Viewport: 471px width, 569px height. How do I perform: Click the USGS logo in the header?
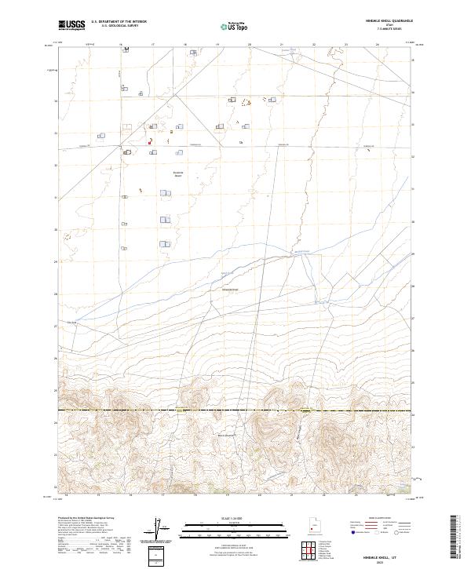[71, 25]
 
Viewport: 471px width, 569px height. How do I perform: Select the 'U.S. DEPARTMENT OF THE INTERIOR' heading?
[119, 23]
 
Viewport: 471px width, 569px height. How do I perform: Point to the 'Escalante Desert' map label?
[178, 173]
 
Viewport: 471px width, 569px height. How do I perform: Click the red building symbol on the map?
[148, 142]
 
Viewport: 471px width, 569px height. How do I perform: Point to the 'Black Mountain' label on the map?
[225, 434]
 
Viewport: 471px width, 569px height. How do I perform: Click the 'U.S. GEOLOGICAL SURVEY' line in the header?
[119, 27]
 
